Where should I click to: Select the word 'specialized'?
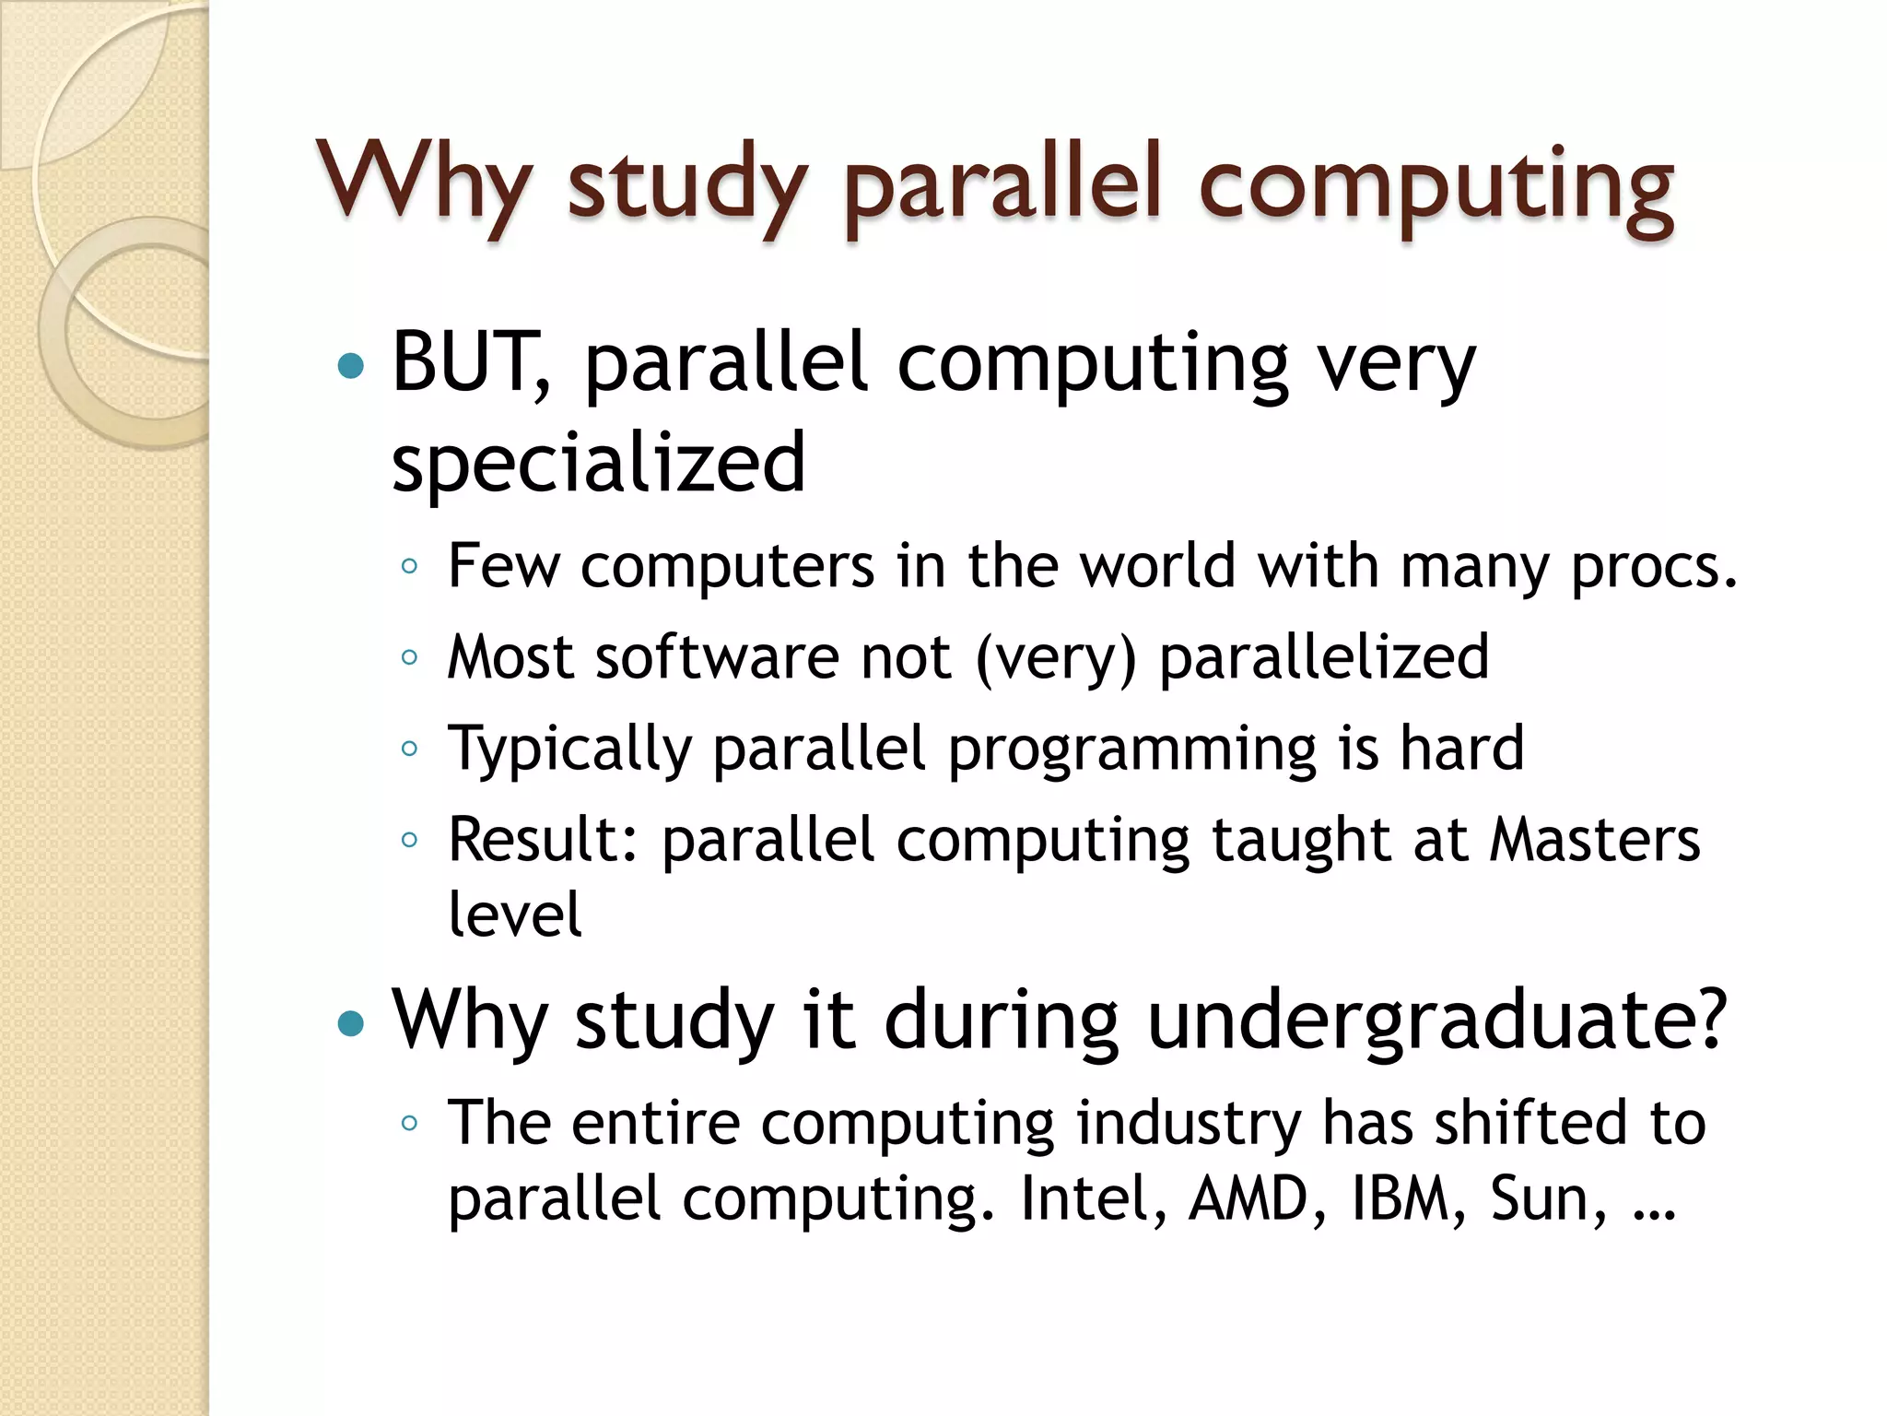click(599, 462)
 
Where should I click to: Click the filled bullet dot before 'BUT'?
click(351, 367)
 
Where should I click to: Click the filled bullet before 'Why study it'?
click(351, 1023)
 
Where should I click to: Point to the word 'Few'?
click(503, 565)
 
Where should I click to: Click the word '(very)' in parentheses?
click(1056, 658)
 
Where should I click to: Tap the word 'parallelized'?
click(1324, 657)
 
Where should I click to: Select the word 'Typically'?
click(569, 749)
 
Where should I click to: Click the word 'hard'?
click(1462, 748)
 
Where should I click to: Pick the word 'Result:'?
click(544, 840)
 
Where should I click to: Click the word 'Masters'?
click(1595, 840)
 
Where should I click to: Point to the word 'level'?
click(515, 914)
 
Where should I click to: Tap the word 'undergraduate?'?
click(1437, 1021)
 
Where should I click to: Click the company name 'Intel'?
click(1093, 1199)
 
